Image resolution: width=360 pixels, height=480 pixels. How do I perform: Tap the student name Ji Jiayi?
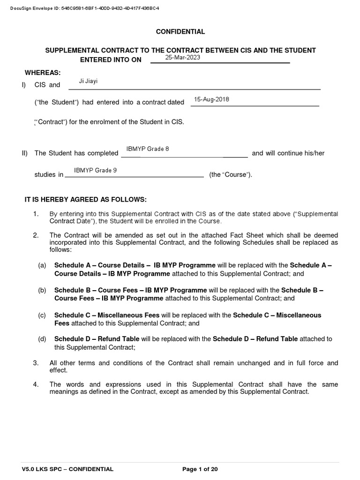tap(88, 82)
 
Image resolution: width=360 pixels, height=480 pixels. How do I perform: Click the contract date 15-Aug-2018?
tap(211, 99)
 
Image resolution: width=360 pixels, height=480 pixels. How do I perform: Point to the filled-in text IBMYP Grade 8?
tap(147, 149)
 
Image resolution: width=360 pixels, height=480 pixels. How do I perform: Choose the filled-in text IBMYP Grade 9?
tap(96, 170)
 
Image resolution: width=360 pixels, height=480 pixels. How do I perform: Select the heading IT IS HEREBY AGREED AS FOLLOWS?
tap(85, 199)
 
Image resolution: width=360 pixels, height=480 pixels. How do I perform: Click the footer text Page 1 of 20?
tap(200, 469)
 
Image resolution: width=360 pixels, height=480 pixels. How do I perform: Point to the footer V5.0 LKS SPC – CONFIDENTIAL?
tap(67, 469)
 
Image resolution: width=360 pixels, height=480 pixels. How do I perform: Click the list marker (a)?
tap(42, 265)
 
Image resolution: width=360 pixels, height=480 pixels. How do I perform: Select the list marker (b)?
tap(42, 291)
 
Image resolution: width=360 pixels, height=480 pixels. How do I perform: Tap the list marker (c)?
tap(42, 315)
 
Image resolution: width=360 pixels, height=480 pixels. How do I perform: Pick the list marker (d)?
tap(42, 339)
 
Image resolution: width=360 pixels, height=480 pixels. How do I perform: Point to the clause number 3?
tap(36, 363)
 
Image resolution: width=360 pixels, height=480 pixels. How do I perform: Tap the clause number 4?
tap(36, 384)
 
